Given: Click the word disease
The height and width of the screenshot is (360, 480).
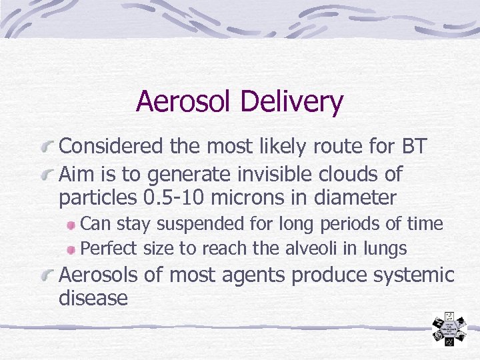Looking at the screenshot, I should pyautogui.click(x=93, y=298).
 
